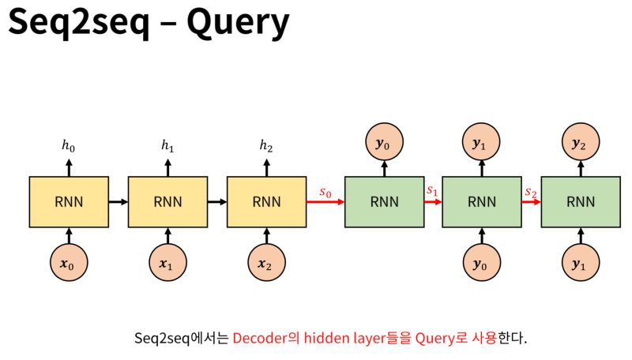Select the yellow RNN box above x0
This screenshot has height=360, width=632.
click(x=69, y=201)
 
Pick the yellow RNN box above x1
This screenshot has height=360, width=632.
click(x=167, y=201)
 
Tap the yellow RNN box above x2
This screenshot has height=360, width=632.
click(x=266, y=201)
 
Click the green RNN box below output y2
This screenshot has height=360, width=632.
click(x=581, y=201)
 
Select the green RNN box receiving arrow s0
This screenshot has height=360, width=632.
click(x=384, y=201)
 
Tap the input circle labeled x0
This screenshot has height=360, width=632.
click(x=69, y=264)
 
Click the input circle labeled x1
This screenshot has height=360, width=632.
click(x=167, y=264)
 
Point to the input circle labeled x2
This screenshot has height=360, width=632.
click(x=266, y=264)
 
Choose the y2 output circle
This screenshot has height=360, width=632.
click(x=581, y=144)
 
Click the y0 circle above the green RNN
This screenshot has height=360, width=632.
click(x=384, y=144)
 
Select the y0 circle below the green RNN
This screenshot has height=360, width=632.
click(x=481, y=264)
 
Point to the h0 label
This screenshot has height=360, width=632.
click(x=69, y=145)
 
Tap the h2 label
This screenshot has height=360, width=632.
click(x=266, y=145)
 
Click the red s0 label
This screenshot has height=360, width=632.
click(x=325, y=192)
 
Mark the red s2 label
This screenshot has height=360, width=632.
click(x=530, y=192)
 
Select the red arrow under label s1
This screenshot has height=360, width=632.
click(x=432, y=201)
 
